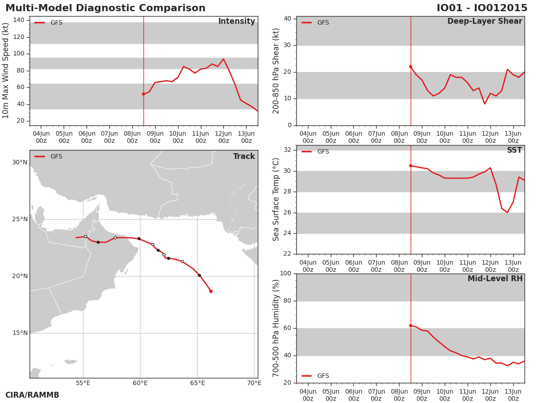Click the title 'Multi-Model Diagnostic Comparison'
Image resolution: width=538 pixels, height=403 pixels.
coord(105,8)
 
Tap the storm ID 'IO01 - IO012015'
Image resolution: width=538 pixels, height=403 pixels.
coord(482,8)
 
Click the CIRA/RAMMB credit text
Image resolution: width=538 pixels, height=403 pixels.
coord(32,395)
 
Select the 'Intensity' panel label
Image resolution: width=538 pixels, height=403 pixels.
coord(237,21)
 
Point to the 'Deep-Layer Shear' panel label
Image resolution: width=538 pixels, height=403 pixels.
coord(485,21)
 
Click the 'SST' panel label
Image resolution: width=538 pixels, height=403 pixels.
coord(515,150)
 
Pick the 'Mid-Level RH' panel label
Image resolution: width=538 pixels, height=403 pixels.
coord(495,279)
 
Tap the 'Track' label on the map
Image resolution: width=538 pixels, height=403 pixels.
coord(244,156)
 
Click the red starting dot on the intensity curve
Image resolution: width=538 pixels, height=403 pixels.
coord(143,94)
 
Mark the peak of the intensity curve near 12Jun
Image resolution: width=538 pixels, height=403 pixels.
coord(223,59)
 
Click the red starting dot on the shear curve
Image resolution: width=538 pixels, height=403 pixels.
coord(411,67)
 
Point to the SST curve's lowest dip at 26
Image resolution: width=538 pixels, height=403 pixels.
coord(508,212)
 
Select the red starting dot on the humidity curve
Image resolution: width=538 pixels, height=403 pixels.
coord(411,326)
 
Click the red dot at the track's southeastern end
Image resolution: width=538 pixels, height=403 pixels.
coord(211,291)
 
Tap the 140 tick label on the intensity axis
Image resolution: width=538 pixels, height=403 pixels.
coord(19,20)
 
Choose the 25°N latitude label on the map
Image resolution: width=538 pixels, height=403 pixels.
coord(20,219)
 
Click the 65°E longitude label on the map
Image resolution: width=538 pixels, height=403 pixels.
coord(197,383)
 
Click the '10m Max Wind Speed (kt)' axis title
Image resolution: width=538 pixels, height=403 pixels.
coord(5,71)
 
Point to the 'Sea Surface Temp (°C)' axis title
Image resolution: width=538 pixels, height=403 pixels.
coord(276,199)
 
